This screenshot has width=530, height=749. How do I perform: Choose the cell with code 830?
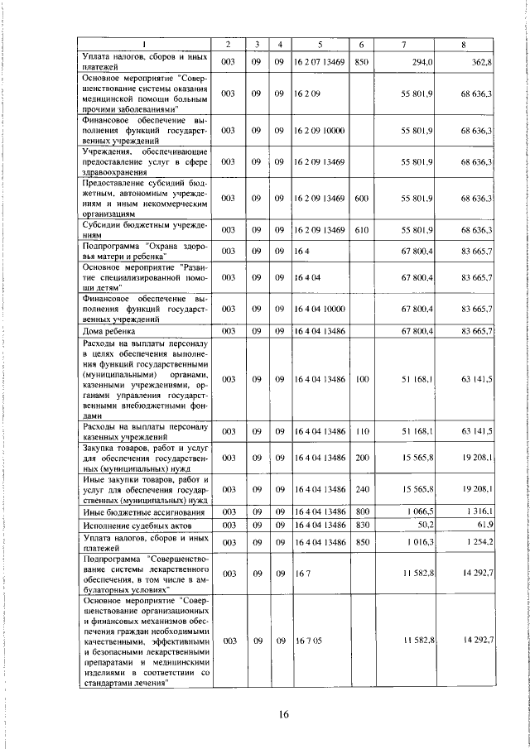pyautogui.click(x=361, y=526)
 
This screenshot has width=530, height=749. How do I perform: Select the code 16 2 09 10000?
pyautogui.click(x=318, y=131)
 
